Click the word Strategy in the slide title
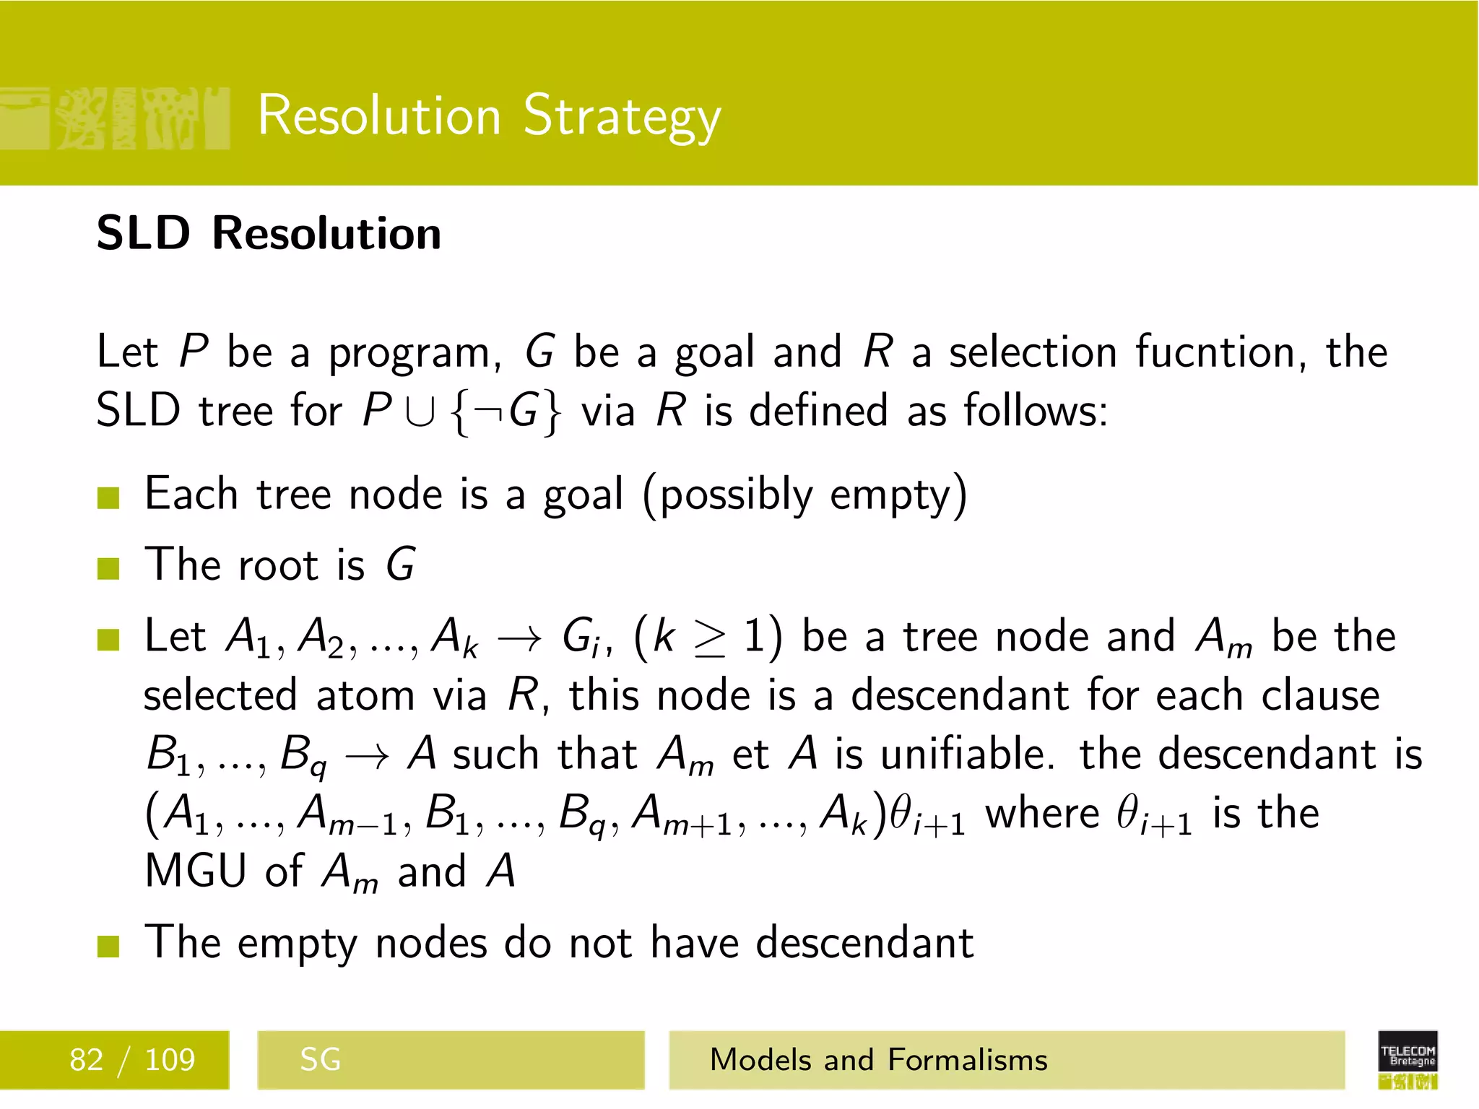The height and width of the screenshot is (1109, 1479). [622, 117]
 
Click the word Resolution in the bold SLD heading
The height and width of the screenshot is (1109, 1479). [326, 234]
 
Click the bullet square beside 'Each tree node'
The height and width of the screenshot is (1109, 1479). [108, 497]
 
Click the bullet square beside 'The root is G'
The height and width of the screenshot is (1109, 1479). [108, 568]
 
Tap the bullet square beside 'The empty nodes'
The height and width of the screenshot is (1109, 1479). [108, 946]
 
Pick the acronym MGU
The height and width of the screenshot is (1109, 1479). [196, 871]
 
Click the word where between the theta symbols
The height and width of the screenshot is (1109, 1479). [1042, 814]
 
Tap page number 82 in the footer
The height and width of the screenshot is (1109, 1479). [87, 1060]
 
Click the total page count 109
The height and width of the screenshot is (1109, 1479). [170, 1060]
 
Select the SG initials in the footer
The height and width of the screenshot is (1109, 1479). [320, 1060]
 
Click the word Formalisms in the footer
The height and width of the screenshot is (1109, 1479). [968, 1060]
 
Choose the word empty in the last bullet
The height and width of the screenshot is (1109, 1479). [297, 944]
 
